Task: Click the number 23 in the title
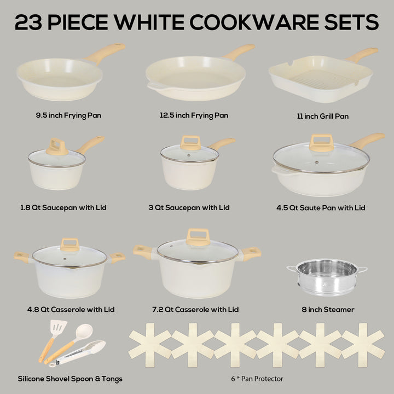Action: [28, 22]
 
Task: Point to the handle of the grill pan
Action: [362, 55]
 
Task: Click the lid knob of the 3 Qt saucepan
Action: [190, 143]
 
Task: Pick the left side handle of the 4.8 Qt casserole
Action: [22, 257]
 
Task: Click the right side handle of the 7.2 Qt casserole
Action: [251, 253]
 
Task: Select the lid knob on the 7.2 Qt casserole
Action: [198, 237]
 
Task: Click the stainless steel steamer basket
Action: [327, 277]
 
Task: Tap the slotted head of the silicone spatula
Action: [58, 328]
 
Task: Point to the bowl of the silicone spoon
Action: [84, 332]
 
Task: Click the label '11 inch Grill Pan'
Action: [323, 117]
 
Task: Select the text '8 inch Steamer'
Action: [328, 309]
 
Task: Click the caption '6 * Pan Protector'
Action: [257, 379]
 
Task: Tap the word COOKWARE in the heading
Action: [254, 22]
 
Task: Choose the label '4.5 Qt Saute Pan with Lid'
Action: [321, 208]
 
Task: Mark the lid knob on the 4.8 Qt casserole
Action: [70, 245]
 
